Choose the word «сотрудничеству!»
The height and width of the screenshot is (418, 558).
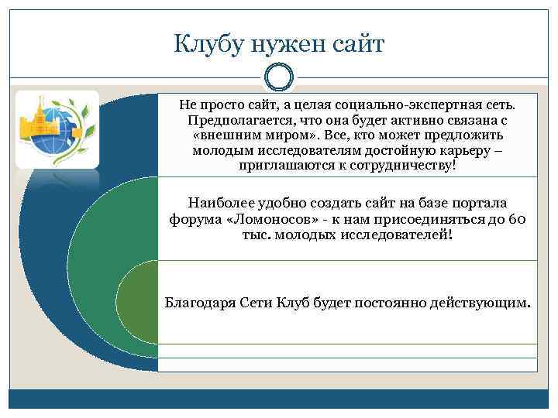pos(387,166)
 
